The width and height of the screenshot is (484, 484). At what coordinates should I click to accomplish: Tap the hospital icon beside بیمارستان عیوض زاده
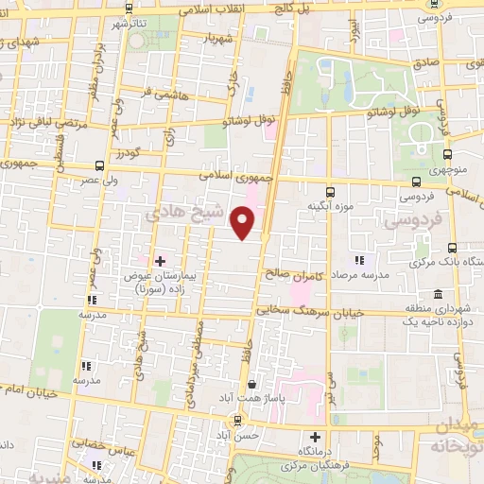point(159,260)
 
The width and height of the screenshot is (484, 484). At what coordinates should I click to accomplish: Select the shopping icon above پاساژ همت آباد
point(251,385)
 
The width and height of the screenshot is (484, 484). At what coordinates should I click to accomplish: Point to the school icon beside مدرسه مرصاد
point(359,260)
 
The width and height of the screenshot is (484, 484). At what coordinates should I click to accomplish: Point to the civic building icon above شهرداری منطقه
point(437,294)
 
